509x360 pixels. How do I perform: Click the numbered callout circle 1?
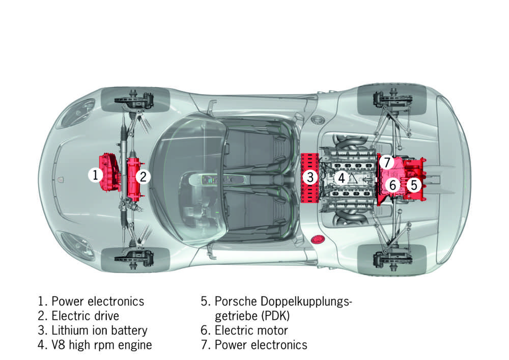(95, 176)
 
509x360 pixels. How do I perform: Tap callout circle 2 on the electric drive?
(144, 177)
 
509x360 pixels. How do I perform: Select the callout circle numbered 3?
(310, 178)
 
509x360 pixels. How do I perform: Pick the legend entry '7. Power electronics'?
(254, 345)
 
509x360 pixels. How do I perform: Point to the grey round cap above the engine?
(319, 121)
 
